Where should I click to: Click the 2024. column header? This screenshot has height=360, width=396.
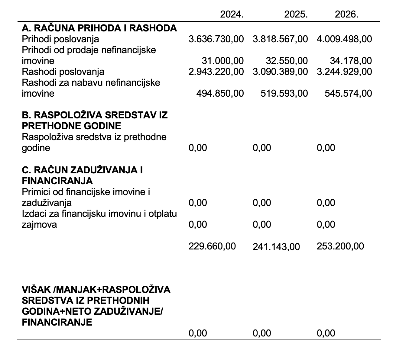click(x=232, y=14)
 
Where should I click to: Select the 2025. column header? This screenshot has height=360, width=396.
click(x=296, y=14)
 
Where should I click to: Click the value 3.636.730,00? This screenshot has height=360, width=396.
click(x=216, y=39)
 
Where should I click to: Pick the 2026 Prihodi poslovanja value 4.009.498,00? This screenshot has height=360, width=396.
click(x=344, y=39)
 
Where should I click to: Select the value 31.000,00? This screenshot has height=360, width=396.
click(x=222, y=61)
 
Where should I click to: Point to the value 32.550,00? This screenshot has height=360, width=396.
click(x=287, y=61)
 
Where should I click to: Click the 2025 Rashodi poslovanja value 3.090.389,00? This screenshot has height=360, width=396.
click(x=280, y=72)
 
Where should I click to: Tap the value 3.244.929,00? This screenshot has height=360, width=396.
click(x=344, y=72)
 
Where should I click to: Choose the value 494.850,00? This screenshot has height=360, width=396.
click(x=220, y=93)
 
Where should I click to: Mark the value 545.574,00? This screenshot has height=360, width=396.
click(x=348, y=93)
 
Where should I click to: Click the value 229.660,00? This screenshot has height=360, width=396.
click(x=212, y=246)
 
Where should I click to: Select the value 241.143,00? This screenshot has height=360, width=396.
click(x=276, y=247)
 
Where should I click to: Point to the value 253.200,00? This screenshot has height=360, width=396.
click(x=340, y=246)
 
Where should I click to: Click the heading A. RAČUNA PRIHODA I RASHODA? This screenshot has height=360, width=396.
click(x=99, y=28)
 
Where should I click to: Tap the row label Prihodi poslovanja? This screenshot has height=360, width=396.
click(x=60, y=39)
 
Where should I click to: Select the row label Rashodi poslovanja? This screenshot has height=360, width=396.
click(x=63, y=72)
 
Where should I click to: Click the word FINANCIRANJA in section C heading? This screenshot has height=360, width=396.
click(x=57, y=181)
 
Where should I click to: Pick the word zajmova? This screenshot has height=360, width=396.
click(x=39, y=224)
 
